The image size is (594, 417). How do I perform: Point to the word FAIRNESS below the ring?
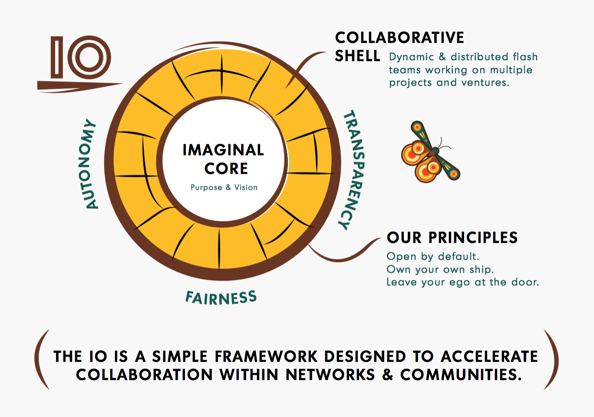click(x=221, y=298)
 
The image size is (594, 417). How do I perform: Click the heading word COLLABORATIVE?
click(x=399, y=38)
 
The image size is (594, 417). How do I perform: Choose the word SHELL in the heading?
click(x=357, y=56)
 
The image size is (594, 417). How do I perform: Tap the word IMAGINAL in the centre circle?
click(x=223, y=150)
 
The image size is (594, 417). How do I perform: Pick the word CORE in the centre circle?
click(x=226, y=169)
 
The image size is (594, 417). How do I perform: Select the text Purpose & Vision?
click(x=224, y=187)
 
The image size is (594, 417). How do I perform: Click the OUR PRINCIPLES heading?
click(x=452, y=238)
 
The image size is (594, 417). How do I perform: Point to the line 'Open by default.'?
click(x=433, y=256)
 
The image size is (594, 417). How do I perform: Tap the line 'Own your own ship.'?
click(x=440, y=269)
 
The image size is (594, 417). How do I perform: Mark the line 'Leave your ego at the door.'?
click(x=463, y=282)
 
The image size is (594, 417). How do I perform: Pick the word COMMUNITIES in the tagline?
click(x=461, y=375)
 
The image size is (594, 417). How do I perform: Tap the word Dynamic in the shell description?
click(x=412, y=57)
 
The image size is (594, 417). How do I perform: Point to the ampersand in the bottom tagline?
click(x=388, y=375)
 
